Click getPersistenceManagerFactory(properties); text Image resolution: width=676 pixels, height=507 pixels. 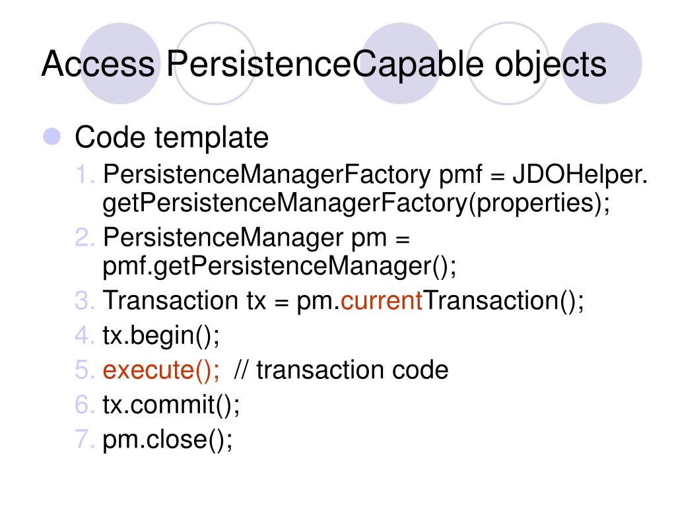tap(356, 203)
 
